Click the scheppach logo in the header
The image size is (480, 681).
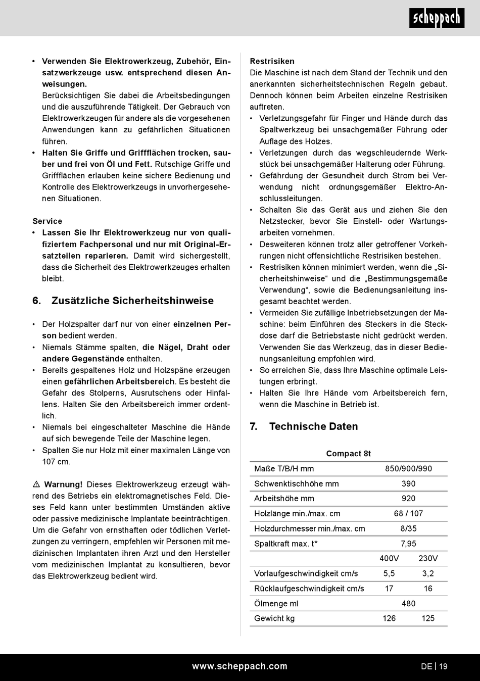(437, 19)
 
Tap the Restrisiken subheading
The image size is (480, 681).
(272, 61)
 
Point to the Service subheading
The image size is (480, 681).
(47, 221)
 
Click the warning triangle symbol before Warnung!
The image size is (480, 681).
(36, 484)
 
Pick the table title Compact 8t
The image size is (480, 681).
(349, 454)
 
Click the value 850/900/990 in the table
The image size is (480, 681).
(408, 469)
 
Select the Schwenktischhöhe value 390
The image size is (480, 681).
(408, 483)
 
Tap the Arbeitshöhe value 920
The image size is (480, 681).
(408, 499)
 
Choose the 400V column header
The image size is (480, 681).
(389, 558)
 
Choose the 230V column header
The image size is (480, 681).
(428, 558)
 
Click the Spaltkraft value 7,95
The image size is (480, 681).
(408, 544)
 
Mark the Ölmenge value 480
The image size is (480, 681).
(408, 603)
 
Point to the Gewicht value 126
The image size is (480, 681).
(389, 618)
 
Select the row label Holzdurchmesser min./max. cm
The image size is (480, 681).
(309, 528)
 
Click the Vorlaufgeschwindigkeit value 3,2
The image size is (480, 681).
(428, 573)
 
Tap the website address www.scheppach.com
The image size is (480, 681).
(239, 666)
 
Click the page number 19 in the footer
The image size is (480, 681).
(443, 666)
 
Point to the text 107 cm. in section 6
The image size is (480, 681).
(56, 462)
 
